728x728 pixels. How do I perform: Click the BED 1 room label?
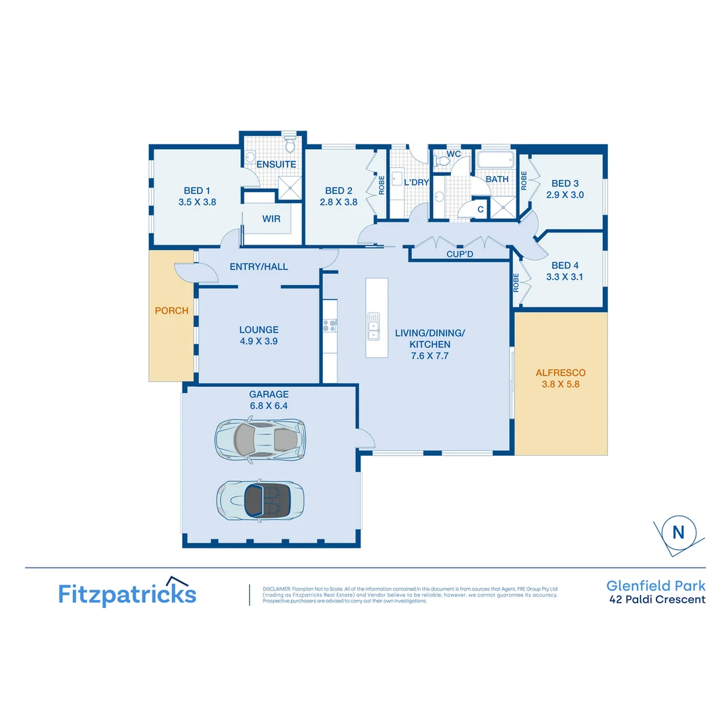pos(197,191)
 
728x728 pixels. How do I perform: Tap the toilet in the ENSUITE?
pos(290,144)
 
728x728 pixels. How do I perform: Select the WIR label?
pos(272,219)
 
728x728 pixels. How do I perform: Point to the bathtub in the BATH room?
pos(495,161)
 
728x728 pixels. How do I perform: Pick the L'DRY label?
pos(416,182)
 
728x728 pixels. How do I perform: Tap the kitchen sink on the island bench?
pos(373,324)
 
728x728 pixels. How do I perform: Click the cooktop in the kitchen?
pos(330,326)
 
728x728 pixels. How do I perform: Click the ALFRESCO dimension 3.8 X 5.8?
pos(560,385)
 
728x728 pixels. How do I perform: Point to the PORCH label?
pos(172,311)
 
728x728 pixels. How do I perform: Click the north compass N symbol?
pos(678,533)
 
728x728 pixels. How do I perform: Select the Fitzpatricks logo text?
pos(127,594)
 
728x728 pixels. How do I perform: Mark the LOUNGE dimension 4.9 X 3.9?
pos(259,341)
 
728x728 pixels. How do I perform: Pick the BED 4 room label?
pos(565,266)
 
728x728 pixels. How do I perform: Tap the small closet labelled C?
pos(480,210)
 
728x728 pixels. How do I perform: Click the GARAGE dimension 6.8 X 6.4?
pos(268,406)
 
